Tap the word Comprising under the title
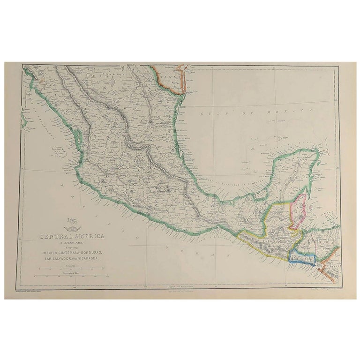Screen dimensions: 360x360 click(x=71, y=247)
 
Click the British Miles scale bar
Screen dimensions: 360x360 click(x=71, y=269)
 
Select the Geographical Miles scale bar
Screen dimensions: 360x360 click(x=71, y=276)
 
